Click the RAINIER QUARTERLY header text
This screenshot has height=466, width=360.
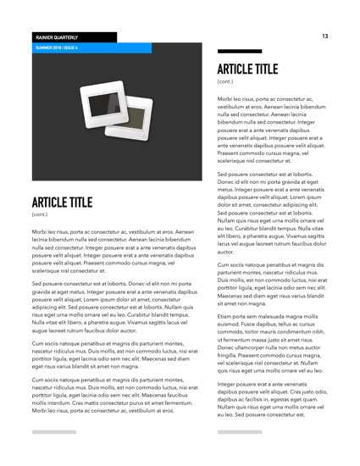pyautogui.click(x=57, y=38)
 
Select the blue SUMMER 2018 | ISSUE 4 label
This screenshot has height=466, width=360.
pyautogui.click(x=57, y=48)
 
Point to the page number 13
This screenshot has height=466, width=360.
pyautogui.click(x=324, y=36)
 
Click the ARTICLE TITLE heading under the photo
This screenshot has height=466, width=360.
pyautogui.click(x=62, y=202)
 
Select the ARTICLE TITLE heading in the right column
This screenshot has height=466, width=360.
pyautogui.click(x=247, y=69)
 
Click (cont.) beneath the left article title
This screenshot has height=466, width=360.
pyautogui.click(x=41, y=215)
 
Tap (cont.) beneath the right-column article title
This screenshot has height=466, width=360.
pyautogui.click(x=225, y=81)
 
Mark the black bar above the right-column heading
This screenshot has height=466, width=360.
pyautogui.click(x=234, y=53)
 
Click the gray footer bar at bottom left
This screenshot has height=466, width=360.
pyautogui.click(x=54, y=432)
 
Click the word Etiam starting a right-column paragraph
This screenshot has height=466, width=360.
pyautogui.click(x=226, y=316)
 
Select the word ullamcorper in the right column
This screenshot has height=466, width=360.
pyautogui.click(x=248, y=348)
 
